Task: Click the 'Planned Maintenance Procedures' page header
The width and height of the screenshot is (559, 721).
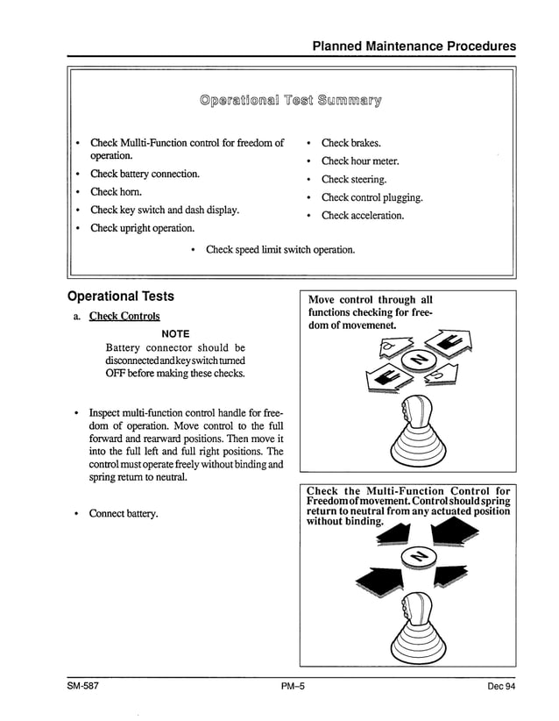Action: click(x=414, y=46)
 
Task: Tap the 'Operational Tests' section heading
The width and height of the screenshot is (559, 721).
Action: click(x=121, y=296)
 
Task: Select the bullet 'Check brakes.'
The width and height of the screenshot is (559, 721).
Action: click(x=350, y=143)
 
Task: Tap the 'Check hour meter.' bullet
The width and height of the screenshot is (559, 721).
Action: click(x=360, y=161)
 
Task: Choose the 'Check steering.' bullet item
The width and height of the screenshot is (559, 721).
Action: click(x=354, y=180)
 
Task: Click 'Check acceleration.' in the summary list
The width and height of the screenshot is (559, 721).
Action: click(x=363, y=216)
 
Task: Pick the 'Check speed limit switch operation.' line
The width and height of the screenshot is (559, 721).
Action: click(x=279, y=250)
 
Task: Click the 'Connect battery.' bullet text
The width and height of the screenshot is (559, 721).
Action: click(x=124, y=513)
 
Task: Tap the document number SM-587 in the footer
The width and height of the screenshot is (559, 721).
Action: click(x=84, y=686)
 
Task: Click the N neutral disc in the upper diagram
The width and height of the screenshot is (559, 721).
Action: click(x=418, y=360)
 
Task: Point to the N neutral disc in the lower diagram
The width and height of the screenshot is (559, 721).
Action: click(x=419, y=558)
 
